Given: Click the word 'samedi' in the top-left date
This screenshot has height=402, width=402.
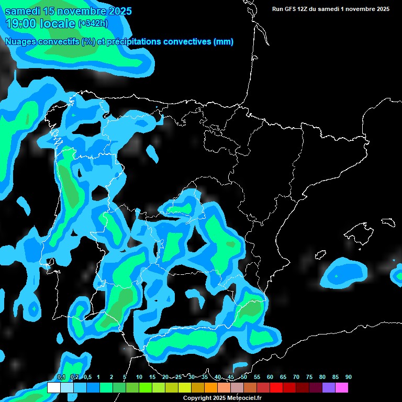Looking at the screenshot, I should [x=24, y=11].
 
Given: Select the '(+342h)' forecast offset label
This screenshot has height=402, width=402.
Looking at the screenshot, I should [x=93, y=24].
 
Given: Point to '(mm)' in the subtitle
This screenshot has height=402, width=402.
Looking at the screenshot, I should [x=223, y=42].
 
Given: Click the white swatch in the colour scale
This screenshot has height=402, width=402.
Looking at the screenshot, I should [x=53, y=387].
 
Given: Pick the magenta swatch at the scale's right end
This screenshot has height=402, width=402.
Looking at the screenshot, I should [x=342, y=387].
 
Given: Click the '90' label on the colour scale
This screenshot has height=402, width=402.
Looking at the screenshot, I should [x=349, y=377].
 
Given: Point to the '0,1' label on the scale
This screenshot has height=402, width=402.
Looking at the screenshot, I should [x=61, y=377].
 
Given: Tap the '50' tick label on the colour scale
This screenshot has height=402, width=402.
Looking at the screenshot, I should [x=244, y=377].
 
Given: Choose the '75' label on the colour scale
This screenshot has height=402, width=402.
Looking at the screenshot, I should [x=309, y=377].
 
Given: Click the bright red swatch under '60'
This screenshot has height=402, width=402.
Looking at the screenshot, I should [x=276, y=387].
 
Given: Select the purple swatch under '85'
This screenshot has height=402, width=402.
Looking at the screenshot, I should [x=329, y=387].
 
